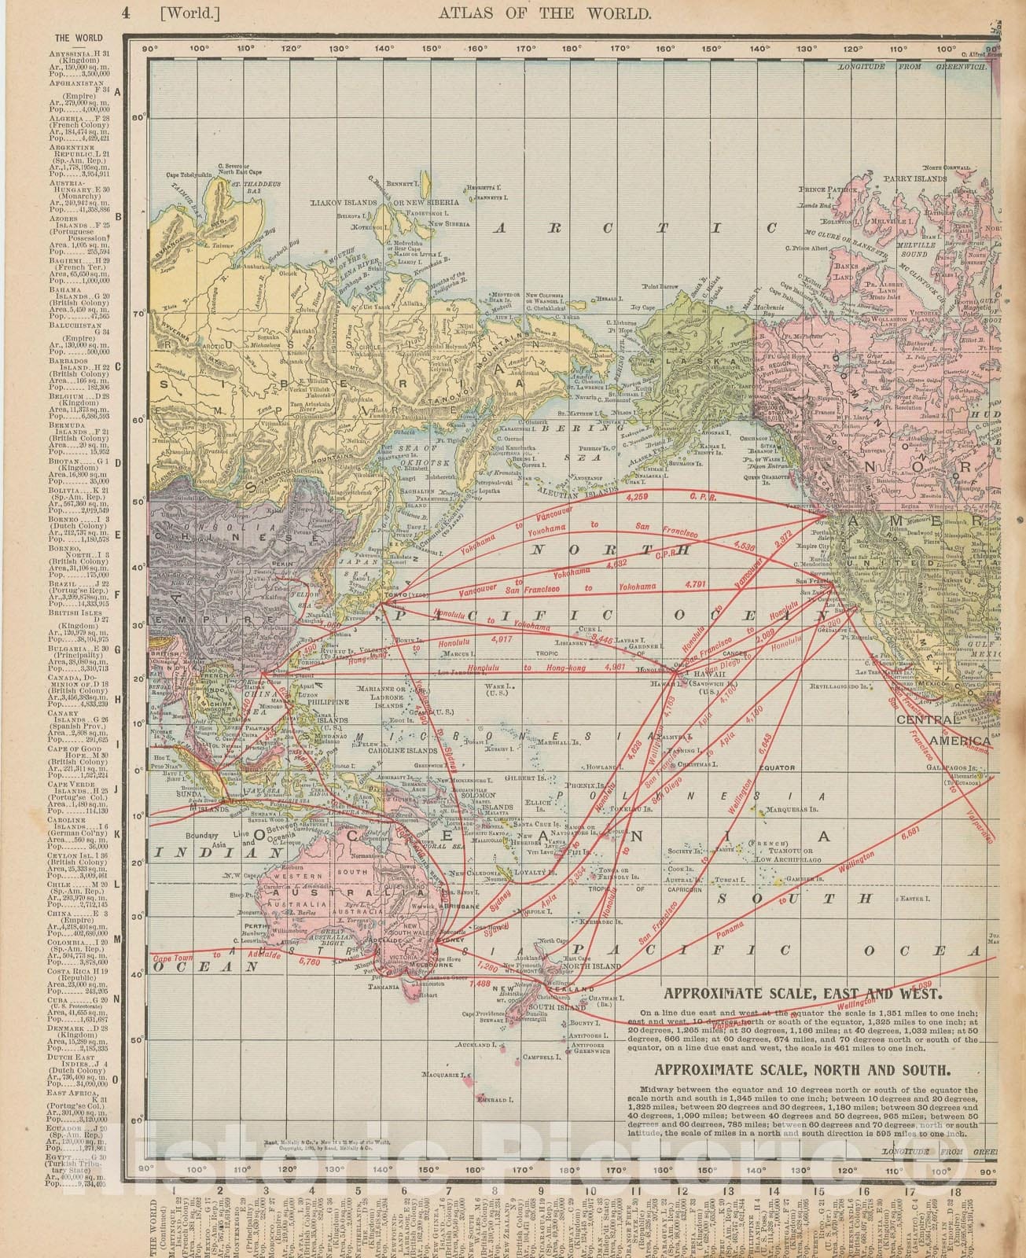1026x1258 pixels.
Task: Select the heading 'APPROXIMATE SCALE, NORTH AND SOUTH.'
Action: [x=802, y=1069]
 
